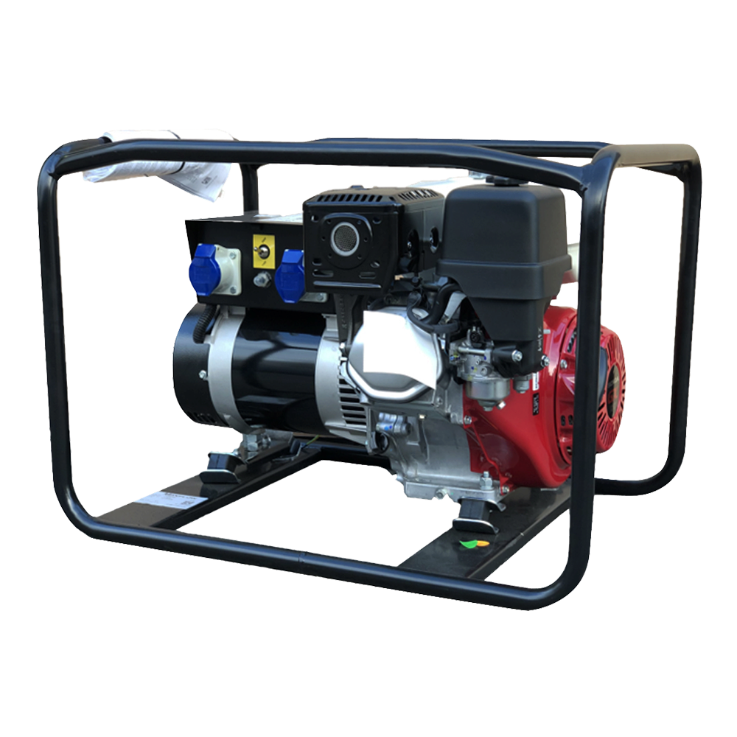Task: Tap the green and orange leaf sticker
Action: click(468, 546)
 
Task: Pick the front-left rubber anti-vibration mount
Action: click(221, 467)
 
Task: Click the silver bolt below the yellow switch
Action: click(260, 279)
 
